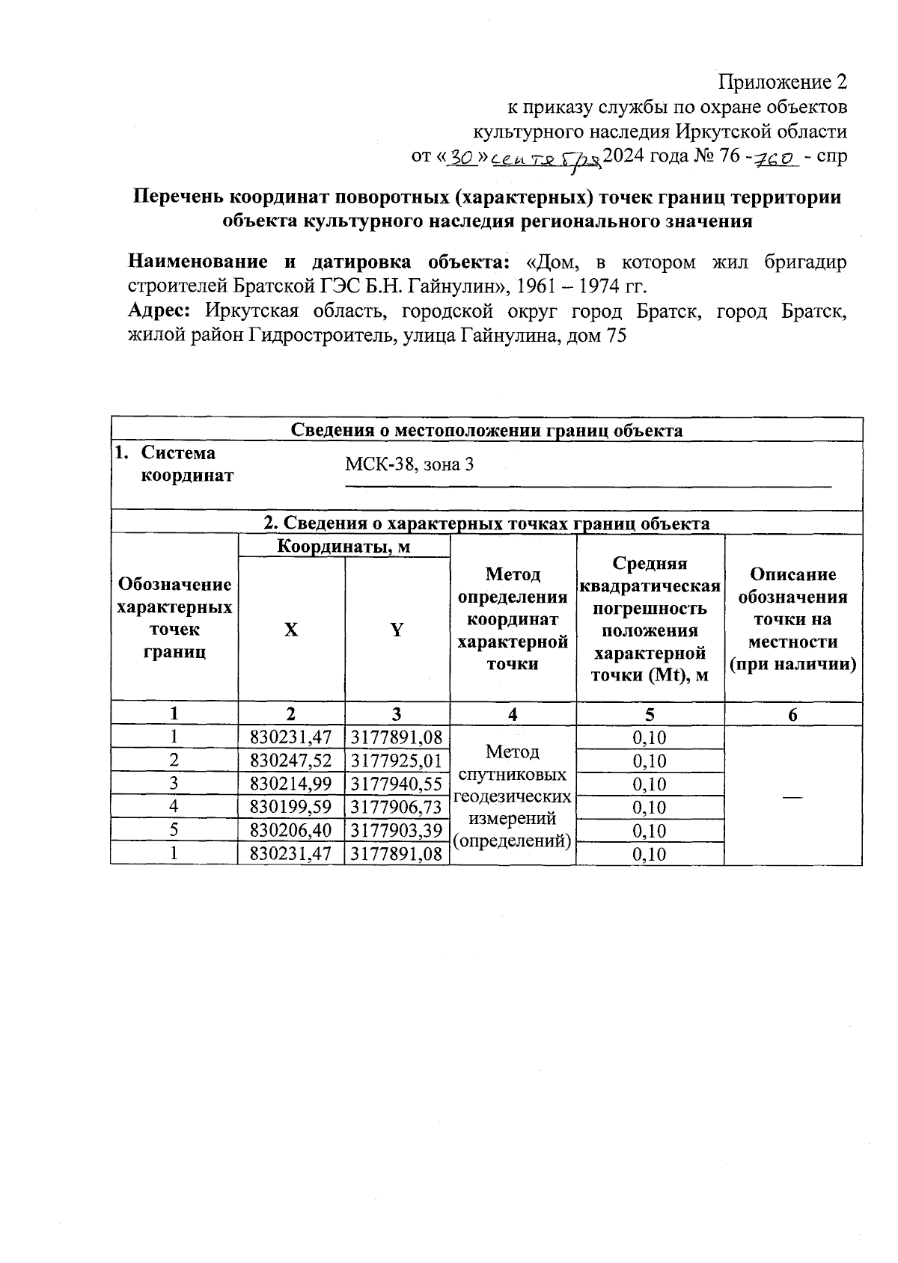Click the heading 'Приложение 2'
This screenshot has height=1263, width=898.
pos(782,82)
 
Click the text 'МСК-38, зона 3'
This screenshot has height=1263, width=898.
pos(409,464)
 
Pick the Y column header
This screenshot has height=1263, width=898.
pos(397,630)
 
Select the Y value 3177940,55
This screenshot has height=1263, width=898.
pos(397,784)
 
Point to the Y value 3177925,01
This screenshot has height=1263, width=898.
pos(397,760)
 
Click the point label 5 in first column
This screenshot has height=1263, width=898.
pos(174,830)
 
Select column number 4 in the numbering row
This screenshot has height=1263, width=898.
pos(513,714)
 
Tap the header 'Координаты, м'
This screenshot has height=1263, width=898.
pos(343,547)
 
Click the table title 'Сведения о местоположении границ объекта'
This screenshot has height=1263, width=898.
pos(486,430)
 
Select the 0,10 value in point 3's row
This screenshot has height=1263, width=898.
pos(649,784)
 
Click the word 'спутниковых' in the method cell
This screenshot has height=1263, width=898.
pos(512,774)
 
